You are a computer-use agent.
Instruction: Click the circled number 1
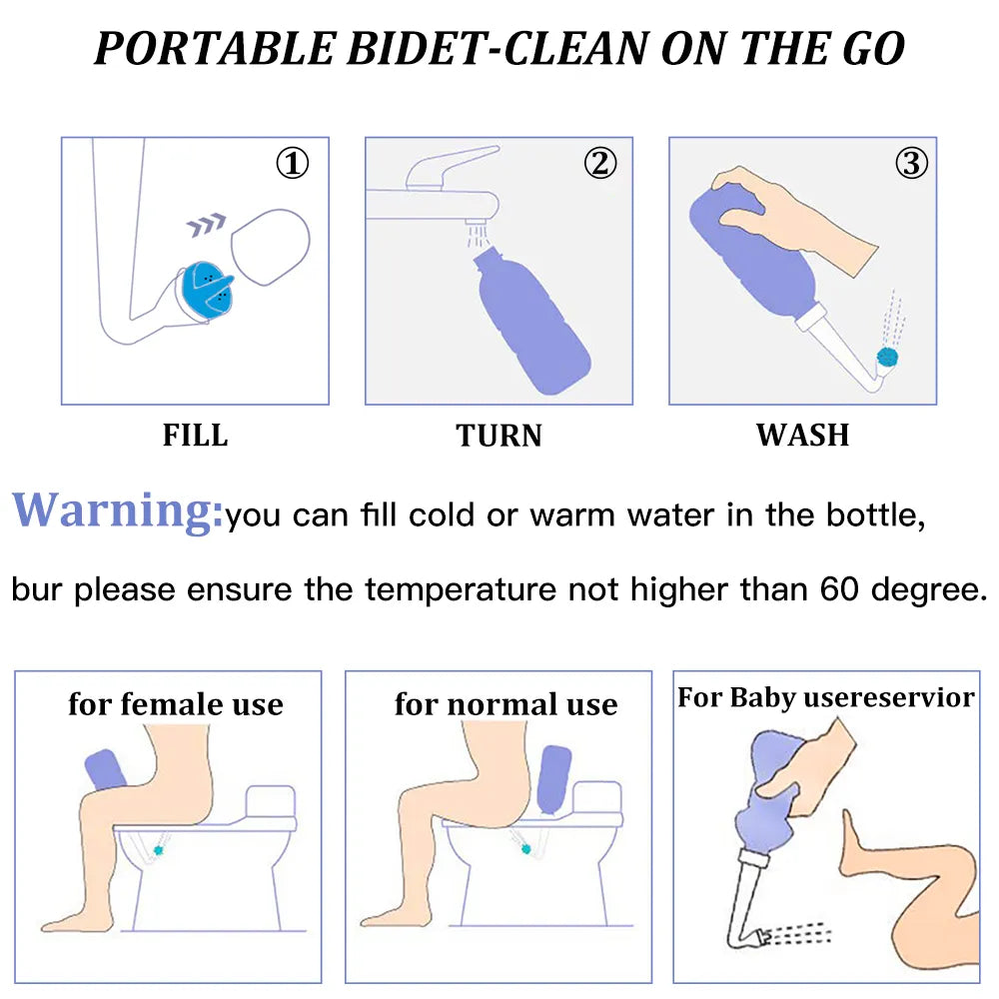[x=293, y=163]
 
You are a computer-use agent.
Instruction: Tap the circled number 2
[x=600, y=163]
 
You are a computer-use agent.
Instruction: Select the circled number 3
[x=911, y=163]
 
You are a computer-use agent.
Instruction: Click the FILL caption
[x=195, y=436]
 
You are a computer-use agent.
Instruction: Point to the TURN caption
[x=499, y=436]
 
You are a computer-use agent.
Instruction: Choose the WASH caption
[x=803, y=436]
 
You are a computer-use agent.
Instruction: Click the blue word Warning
[x=118, y=510]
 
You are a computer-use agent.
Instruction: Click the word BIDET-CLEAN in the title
[x=498, y=48]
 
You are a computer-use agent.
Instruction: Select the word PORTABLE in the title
[x=216, y=48]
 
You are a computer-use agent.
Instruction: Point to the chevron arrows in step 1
[x=207, y=224]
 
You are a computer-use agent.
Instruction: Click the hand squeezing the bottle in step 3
[x=796, y=217]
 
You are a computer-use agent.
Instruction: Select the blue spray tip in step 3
[x=887, y=357]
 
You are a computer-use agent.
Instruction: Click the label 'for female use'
[x=176, y=704]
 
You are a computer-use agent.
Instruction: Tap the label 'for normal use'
[x=505, y=704]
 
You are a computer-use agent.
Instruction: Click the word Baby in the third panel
[x=762, y=698]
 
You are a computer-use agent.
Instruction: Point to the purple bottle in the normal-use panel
[x=553, y=779]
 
